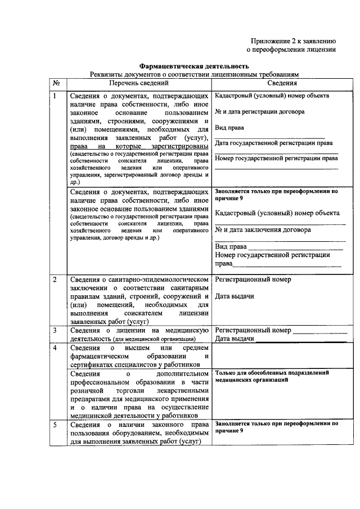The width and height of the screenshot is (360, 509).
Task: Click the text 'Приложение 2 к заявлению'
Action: click(x=293, y=40)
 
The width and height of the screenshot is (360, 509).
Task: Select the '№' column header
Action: click(x=56, y=83)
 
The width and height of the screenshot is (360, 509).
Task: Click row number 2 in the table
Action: click(x=55, y=280)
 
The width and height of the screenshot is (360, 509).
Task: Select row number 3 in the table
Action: click(x=55, y=330)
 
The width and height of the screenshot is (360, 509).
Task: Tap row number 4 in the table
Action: click(x=55, y=348)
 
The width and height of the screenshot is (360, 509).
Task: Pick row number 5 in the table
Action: click(x=55, y=424)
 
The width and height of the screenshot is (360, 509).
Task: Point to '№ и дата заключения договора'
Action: click(x=262, y=230)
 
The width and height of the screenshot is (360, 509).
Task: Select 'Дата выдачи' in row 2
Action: click(x=235, y=296)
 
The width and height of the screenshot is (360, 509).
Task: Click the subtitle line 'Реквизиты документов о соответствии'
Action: click(x=194, y=74)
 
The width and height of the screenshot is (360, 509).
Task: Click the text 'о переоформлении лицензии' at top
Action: click(x=292, y=49)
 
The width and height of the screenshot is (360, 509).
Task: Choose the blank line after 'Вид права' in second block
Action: click(x=295, y=247)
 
